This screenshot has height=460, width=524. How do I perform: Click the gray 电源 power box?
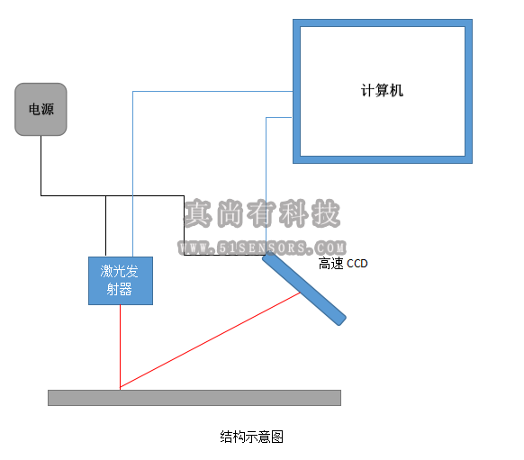[x=41, y=109]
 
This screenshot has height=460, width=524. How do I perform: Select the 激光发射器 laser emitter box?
[x=121, y=281]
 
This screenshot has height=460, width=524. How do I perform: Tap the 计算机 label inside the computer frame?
[x=382, y=91]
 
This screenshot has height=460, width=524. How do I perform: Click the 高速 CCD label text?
[x=343, y=264]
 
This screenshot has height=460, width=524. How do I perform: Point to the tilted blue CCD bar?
[x=304, y=288]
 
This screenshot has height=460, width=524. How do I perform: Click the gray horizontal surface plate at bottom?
[x=194, y=398]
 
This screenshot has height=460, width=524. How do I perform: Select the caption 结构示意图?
[x=251, y=437]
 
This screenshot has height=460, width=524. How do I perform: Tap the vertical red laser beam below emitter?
[x=120, y=347]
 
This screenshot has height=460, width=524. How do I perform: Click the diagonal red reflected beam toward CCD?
[x=210, y=340]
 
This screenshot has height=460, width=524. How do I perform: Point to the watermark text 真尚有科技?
[x=262, y=214]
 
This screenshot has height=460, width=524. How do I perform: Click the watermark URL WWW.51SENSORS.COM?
[x=262, y=248]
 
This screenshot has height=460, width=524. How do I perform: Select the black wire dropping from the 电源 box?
[x=41, y=166]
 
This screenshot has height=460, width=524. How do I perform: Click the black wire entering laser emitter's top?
[x=106, y=226]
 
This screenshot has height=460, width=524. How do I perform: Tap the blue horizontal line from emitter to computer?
[x=212, y=91]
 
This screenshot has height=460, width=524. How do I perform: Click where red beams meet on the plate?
[x=120, y=389]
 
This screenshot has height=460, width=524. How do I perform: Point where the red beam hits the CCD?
[x=300, y=293]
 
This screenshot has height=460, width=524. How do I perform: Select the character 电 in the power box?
[x=34, y=109]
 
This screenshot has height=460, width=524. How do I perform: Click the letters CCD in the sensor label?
[x=357, y=264]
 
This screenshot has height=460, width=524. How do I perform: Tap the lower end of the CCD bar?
[x=341, y=320]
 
